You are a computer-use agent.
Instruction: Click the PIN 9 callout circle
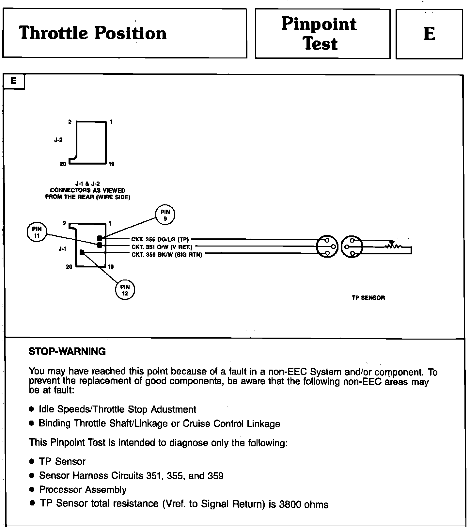(165, 215)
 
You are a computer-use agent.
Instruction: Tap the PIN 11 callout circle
(37, 232)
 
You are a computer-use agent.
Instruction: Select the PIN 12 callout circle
(125, 290)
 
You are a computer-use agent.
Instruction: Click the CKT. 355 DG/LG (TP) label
(160, 239)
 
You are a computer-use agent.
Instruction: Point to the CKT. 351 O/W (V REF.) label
(162, 247)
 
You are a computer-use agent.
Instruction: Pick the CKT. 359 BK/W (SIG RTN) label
(167, 255)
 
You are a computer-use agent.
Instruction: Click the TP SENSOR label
(368, 298)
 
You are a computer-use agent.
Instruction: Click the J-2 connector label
(58, 140)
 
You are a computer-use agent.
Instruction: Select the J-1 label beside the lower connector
(62, 249)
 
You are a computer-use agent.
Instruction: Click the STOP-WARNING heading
(67, 352)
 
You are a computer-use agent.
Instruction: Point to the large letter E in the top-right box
(429, 34)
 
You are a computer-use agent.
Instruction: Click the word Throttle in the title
(53, 33)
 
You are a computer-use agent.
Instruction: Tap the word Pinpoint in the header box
(319, 24)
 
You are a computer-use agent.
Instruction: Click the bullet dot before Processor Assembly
(32, 490)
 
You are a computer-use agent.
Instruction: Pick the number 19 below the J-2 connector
(111, 164)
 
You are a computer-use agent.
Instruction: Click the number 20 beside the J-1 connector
(69, 267)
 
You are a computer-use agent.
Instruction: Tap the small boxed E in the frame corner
(14, 81)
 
